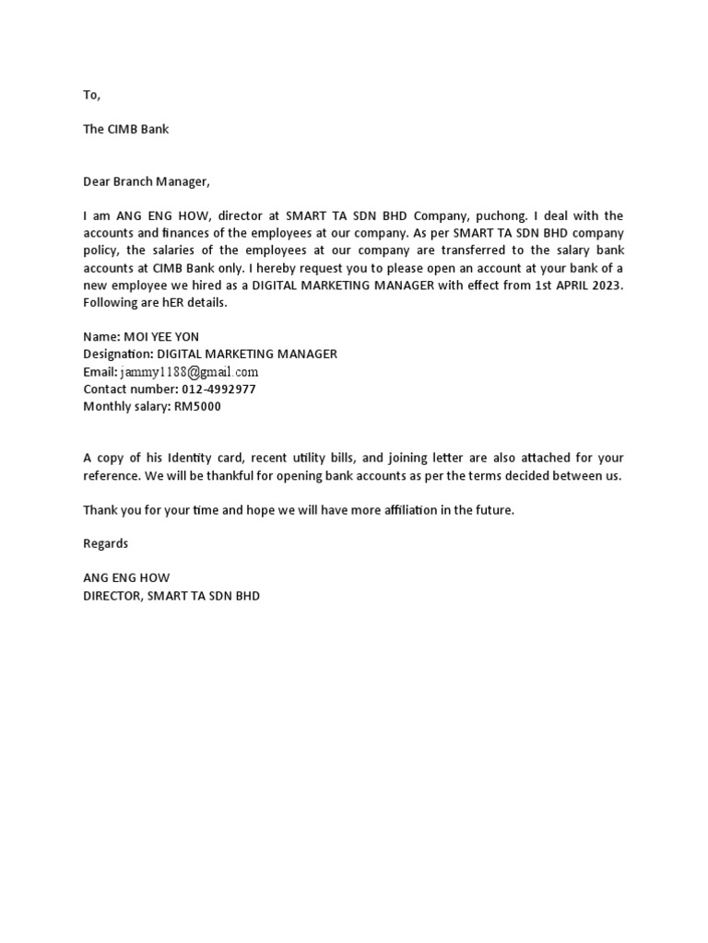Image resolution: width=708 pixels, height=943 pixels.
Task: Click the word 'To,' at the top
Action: coord(91,95)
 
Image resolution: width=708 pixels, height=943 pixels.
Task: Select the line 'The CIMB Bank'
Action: coord(125,129)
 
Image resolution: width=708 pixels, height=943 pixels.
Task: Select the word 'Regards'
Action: coord(105,543)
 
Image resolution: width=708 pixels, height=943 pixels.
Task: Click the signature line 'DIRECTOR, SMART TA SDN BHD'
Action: coord(171,596)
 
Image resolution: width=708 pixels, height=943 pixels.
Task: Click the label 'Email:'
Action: coord(100,372)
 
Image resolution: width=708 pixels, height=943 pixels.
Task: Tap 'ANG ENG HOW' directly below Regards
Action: coord(126,578)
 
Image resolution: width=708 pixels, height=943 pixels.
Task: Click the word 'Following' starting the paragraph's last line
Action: coord(109,303)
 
